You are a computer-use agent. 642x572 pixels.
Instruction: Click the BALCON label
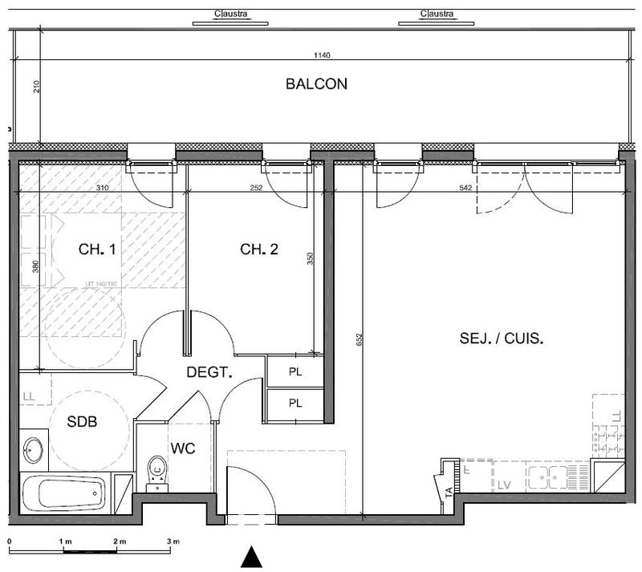(x=316, y=83)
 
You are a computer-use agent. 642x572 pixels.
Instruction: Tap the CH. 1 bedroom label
(x=97, y=249)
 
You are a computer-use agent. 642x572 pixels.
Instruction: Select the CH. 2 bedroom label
(x=259, y=249)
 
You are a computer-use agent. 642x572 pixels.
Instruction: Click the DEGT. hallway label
(x=209, y=371)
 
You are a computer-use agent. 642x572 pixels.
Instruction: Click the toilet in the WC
(x=157, y=471)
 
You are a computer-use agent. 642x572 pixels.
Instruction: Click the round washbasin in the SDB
(x=33, y=450)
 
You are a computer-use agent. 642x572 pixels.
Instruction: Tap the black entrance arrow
(x=252, y=557)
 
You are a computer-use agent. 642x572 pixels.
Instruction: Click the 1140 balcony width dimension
(x=323, y=55)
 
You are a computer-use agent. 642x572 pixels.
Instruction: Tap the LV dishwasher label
(x=504, y=485)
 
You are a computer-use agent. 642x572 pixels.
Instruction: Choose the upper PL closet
(x=295, y=372)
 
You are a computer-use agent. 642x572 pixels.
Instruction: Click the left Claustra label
(x=231, y=14)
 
